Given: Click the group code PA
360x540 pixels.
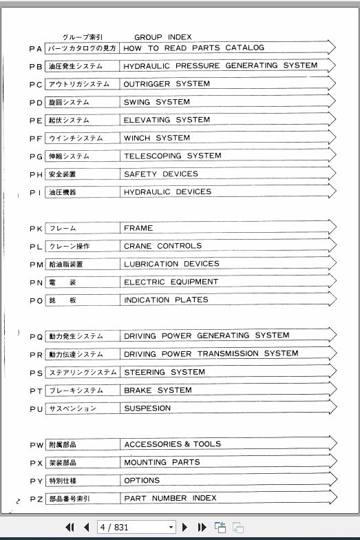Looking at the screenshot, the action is point(36,49).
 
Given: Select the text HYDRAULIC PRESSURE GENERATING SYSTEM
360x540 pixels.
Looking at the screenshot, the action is point(220,66).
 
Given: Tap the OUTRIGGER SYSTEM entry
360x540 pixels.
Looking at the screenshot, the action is point(167,84).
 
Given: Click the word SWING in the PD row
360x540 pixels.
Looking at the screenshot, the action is point(137,102).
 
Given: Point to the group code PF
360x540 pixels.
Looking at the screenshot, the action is point(36,138).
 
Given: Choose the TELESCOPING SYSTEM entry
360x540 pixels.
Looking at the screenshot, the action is point(172,156).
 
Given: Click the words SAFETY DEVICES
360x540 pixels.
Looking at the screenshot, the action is point(160,174).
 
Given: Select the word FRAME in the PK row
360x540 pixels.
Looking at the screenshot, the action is point(138,228).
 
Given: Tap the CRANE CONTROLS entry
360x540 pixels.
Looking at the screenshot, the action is point(162,246).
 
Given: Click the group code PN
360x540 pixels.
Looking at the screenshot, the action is point(36,282).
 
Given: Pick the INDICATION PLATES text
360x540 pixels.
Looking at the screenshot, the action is point(166,300).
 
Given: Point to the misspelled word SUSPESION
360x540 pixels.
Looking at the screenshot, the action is point(147,408).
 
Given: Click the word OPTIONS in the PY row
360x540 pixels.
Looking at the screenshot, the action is point(142,480).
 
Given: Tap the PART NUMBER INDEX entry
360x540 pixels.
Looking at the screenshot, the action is point(170,498).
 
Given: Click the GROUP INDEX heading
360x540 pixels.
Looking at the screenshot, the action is point(162,37).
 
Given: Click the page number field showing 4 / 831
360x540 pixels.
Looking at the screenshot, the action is point(135,528).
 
